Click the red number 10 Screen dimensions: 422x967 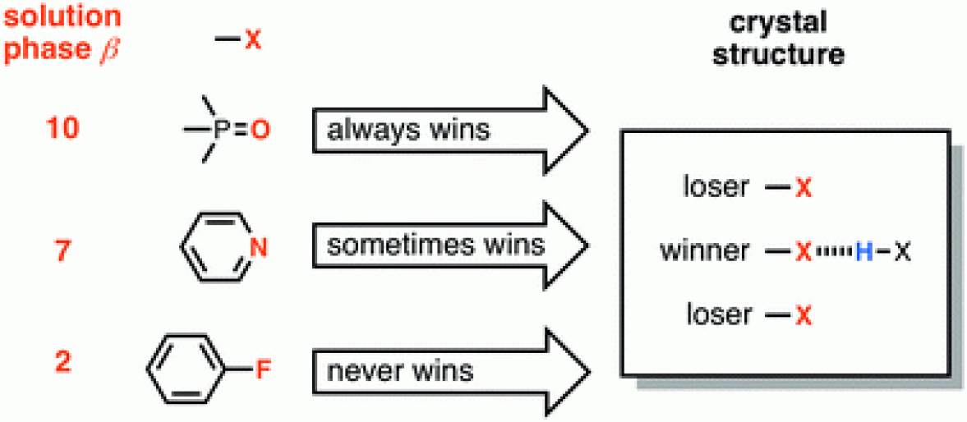(62, 130)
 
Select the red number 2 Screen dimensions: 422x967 (62, 362)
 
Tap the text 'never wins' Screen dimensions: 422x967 (400, 371)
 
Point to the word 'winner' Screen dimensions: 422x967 (704, 251)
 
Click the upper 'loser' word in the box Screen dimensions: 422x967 (716, 188)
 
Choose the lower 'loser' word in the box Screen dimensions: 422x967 (716, 314)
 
